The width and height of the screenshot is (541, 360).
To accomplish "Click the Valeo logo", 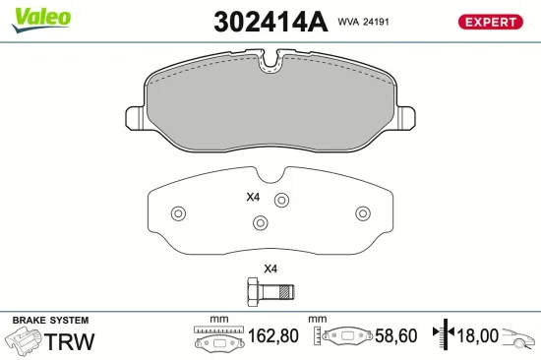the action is (40, 20).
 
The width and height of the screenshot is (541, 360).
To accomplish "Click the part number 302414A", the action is (270, 22).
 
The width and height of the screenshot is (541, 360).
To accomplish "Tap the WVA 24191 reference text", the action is (363, 22).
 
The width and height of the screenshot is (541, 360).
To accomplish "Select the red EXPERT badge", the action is (490, 22).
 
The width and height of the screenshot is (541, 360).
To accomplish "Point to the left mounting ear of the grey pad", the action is (135, 118).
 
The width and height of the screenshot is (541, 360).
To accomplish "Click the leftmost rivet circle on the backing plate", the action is (178, 213).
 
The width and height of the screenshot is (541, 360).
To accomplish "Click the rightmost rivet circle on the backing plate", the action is (363, 213).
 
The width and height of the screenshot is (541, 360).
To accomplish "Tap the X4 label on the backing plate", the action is (253, 197).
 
